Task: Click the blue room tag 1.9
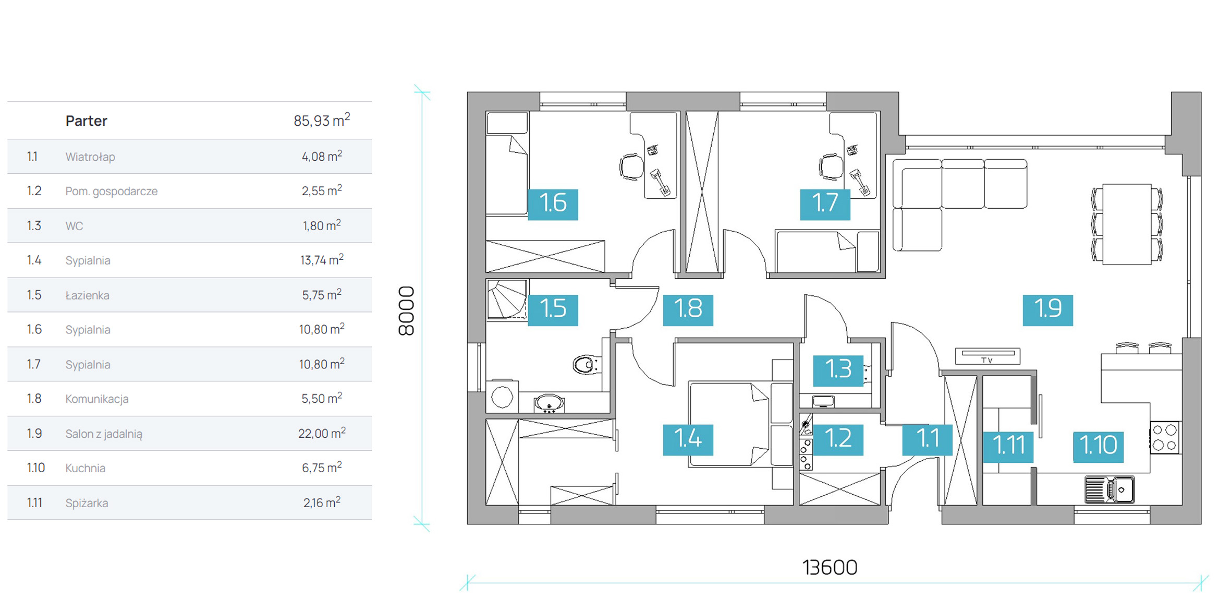click(1047, 310)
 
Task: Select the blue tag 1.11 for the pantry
click(1008, 447)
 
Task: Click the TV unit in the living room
click(988, 356)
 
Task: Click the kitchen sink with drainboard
click(1110, 489)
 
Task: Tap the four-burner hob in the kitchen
click(1165, 437)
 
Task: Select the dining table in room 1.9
click(1127, 224)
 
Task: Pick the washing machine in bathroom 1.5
click(503, 396)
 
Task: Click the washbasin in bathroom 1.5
click(549, 404)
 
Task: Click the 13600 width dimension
click(830, 567)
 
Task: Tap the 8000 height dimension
click(406, 310)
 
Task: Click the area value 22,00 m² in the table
click(322, 433)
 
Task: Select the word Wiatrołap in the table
click(90, 157)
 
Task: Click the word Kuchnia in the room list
click(86, 468)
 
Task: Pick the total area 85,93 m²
click(322, 120)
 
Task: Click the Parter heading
click(86, 121)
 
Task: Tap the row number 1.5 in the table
click(34, 295)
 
